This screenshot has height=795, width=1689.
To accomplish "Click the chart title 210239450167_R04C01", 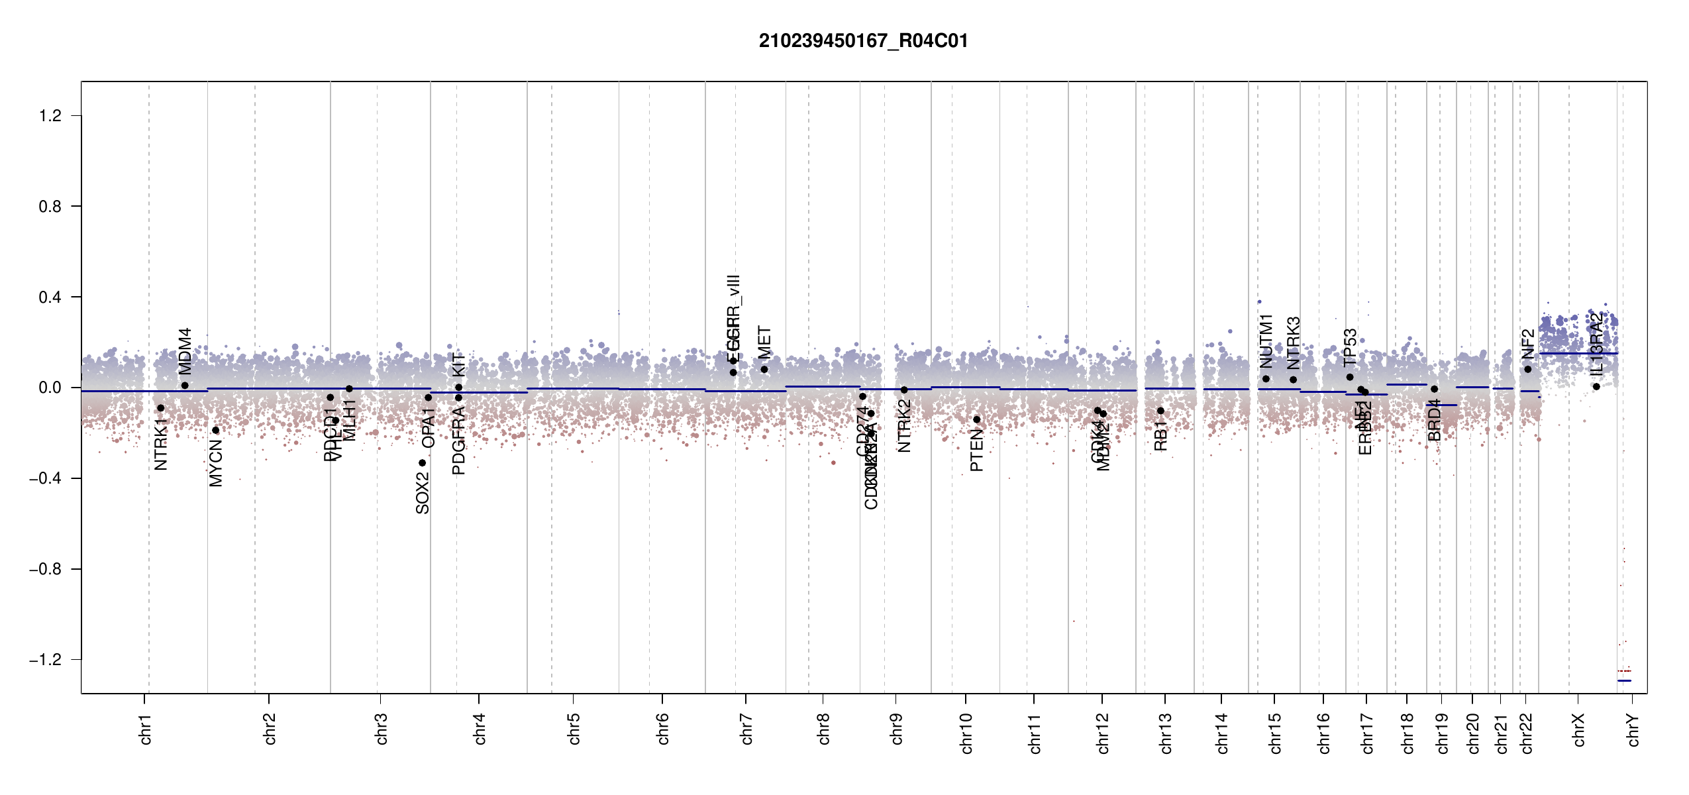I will point(863,41).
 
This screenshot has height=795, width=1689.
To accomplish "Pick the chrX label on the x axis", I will point(1578,730).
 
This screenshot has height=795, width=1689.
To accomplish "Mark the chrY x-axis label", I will point(1633,730).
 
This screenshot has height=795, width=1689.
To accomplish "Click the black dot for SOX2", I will point(423,463).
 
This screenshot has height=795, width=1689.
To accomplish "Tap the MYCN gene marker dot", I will point(215,431).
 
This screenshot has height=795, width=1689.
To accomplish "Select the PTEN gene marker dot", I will point(976,419).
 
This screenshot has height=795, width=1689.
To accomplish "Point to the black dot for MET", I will point(764,369).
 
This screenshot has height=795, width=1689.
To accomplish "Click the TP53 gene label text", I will point(1350,347).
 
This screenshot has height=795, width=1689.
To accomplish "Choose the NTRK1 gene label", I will point(161,444).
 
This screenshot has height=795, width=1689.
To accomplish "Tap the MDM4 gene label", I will point(185,351).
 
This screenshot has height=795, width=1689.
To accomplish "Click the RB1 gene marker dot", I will point(1160,411).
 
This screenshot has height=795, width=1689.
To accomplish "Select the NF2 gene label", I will point(1528,344).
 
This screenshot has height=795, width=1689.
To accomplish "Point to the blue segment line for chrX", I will point(1578,354).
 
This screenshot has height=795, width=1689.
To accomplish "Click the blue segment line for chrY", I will point(1624,680).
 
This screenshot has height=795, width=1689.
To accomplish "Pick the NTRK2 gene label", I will point(905,426).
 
